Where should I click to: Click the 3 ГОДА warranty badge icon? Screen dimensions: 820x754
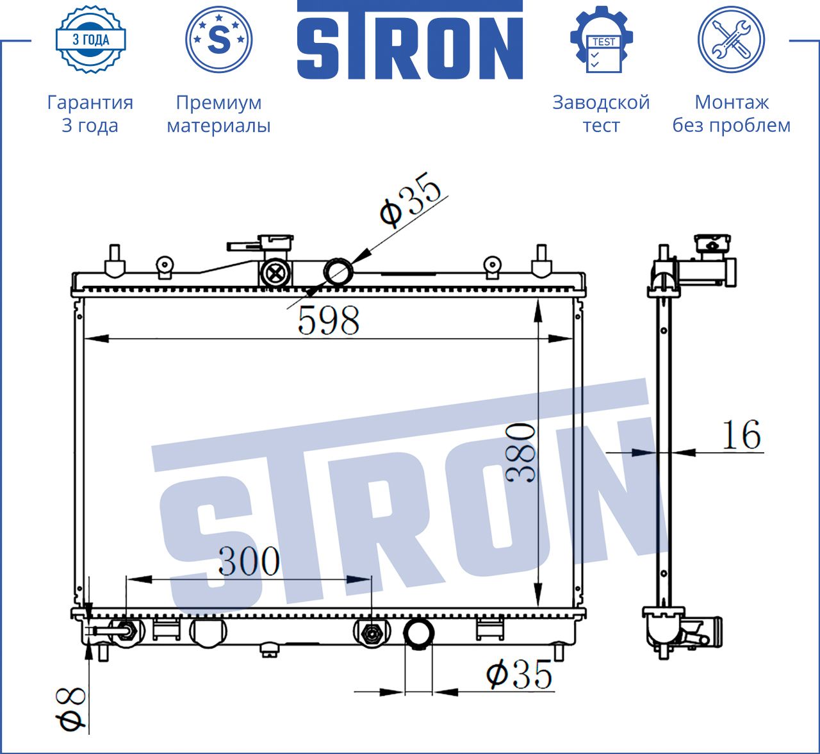coord(91,40)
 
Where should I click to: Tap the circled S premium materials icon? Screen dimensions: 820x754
coord(218,40)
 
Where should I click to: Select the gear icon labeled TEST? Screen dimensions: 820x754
coord(602,40)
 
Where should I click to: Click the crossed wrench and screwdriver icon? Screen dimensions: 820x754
coord(732,40)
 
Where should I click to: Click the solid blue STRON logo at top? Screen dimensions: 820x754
coord(410,40)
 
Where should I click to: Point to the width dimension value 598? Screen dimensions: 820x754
coord(329,320)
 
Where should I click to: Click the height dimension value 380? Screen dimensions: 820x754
coord(520,454)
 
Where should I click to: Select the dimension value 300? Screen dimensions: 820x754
coord(249,561)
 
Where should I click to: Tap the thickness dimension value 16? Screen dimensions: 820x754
coord(741,434)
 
